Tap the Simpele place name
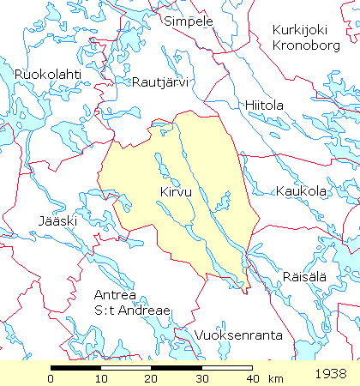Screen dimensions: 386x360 [x=188, y=21]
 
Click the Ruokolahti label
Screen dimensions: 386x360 [x=48, y=75]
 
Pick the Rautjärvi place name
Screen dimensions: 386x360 [x=160, y=82]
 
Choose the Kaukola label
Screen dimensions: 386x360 [x=301, y=192]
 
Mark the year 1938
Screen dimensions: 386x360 [x=331, y=374]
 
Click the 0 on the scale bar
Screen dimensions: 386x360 [x=51, y=378]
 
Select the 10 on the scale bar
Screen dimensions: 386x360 [x=102, y=378]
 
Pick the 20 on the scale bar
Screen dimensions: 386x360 [x=152, y=378]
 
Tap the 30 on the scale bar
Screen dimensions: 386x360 [x=202, y=378]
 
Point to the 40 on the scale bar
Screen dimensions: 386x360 [x=251, y=378]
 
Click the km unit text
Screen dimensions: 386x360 [x=276, y=378]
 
